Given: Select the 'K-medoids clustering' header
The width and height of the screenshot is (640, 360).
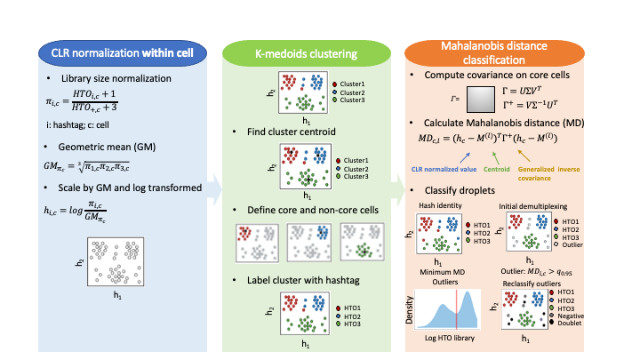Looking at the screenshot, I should pyautogui.click(x=304, y=53).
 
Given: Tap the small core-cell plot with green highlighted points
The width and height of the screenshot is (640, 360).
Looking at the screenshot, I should pyautogui.click(x=361, y=242).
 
